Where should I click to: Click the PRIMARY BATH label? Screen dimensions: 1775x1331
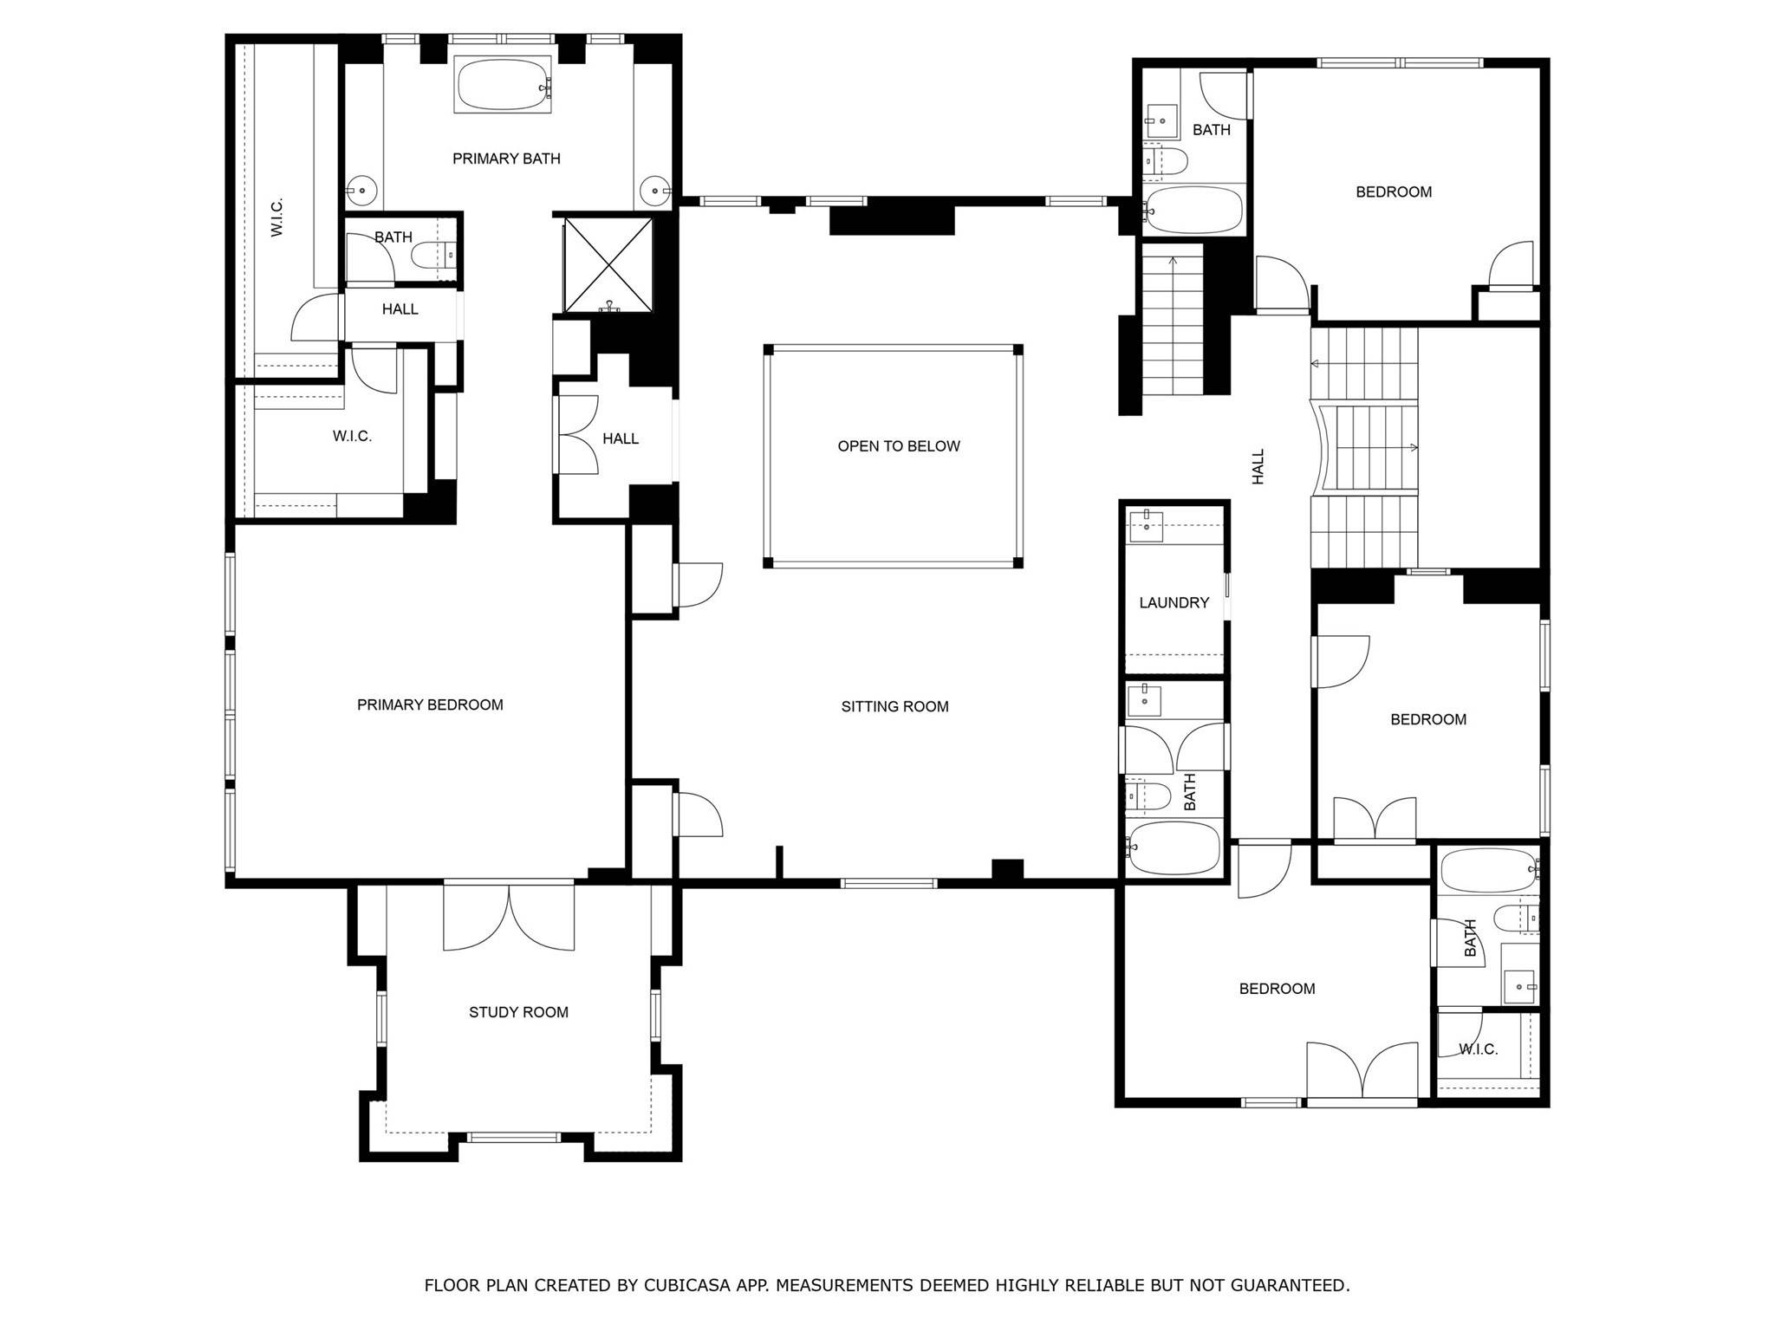[506, 159]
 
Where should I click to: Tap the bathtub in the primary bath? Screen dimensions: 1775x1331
[504, 85]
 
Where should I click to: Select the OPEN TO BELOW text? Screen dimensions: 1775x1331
[899, 446]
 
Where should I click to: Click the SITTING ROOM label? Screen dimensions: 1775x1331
[894, 706]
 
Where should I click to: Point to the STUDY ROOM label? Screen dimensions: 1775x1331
[518, 1012]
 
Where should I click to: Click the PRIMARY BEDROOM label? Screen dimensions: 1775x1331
[430, 704]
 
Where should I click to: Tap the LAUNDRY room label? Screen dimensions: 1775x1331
[1174, 602]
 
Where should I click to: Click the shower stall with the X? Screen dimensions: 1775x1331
[608, 264]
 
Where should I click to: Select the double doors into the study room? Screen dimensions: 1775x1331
[509, 916]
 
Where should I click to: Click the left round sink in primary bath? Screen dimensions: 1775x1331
[361, 189]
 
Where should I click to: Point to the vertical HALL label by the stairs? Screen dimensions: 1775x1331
[1258, 466]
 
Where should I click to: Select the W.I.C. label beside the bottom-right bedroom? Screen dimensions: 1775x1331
[1478, 1049]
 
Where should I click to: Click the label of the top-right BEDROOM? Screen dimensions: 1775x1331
[1394, 192]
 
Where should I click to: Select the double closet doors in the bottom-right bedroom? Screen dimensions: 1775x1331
[1362, 1071]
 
